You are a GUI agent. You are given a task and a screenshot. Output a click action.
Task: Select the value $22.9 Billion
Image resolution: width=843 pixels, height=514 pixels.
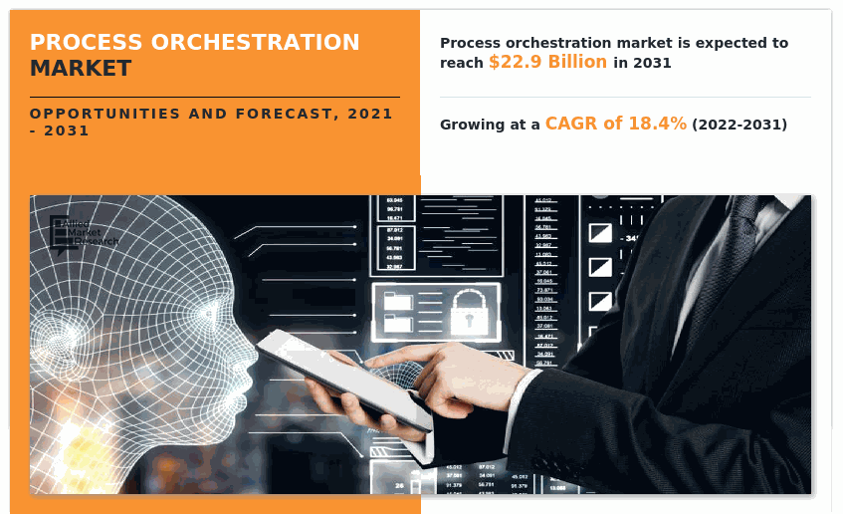click(x=547, y=62)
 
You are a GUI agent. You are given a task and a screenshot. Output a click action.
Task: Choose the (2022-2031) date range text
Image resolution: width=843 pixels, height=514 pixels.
click(x=739, y=125)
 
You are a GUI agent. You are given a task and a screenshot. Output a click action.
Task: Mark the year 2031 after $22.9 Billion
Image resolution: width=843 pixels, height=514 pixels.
click(x=652, y=63)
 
